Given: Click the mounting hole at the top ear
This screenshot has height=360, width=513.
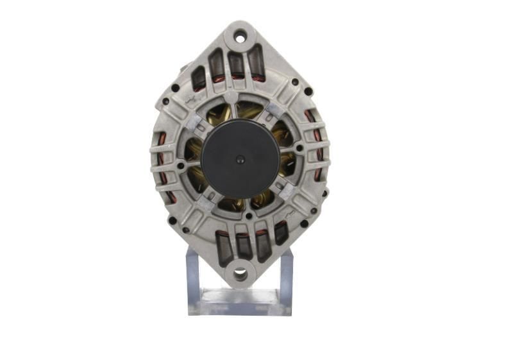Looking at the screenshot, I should [x=240, y=37].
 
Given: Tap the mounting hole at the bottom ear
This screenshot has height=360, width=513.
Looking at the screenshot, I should [x=240, y=275].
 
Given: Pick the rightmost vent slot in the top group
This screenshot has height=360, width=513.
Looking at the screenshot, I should [x=256, y=63].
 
